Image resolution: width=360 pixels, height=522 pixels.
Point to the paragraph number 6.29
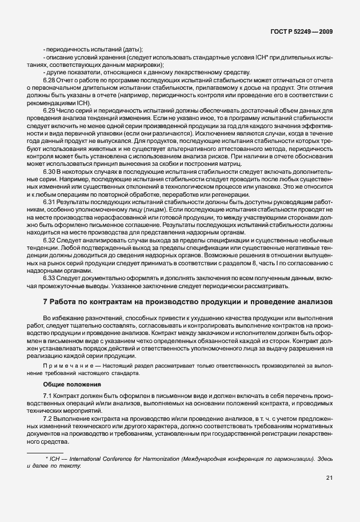tap(50, 109)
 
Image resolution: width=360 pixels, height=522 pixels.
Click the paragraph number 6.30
tap(50, 172)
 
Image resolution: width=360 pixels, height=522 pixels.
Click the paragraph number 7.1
tap(48, 396)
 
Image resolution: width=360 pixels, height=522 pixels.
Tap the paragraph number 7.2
tap(48, 419)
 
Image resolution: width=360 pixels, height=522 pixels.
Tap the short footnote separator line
tap(45, 452)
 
